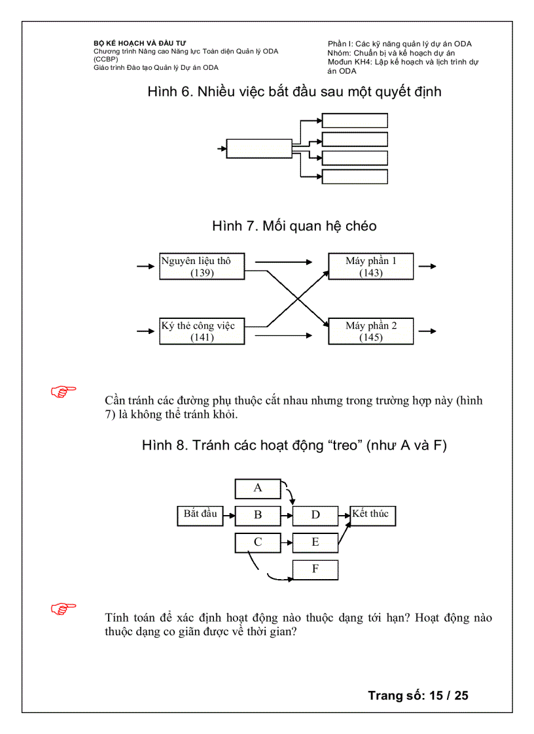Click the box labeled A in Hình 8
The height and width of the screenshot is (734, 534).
[x=258, y=488]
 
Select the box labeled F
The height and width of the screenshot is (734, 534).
[x=315, y=569]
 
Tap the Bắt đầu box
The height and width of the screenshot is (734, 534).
[x=200, y=515]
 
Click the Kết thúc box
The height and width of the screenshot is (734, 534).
[x=373, y=515]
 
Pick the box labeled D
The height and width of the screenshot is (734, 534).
[x=315, y=515]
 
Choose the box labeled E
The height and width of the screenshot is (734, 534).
[x=315, y=542]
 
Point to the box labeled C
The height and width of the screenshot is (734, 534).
[x=258, y=542]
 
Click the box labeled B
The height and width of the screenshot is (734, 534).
[x=258, y=515]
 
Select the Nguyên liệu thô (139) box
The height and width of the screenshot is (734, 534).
[x=202, y=267]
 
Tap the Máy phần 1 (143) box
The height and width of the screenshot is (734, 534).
[x=371, y=267]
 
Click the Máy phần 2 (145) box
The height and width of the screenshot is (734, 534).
[x=371, y=331]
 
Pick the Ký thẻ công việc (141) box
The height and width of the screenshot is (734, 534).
[x=202, y=331]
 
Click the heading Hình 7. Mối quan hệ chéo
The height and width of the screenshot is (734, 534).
[x=294, y=226]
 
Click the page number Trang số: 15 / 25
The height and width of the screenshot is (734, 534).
[x=418, y=695]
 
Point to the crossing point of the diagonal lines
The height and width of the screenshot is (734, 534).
[x=298, y=299]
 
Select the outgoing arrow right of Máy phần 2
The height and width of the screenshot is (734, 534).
[x=427, y=331]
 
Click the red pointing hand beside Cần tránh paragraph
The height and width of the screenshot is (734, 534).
[x=63, y=392]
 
